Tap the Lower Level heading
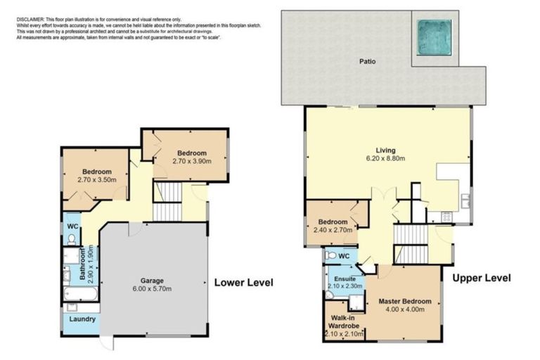[243, 283]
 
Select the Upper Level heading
[481, 278]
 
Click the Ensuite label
[344, 278]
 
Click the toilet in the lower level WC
[72, 239]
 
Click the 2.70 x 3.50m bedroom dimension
[96, 181]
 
